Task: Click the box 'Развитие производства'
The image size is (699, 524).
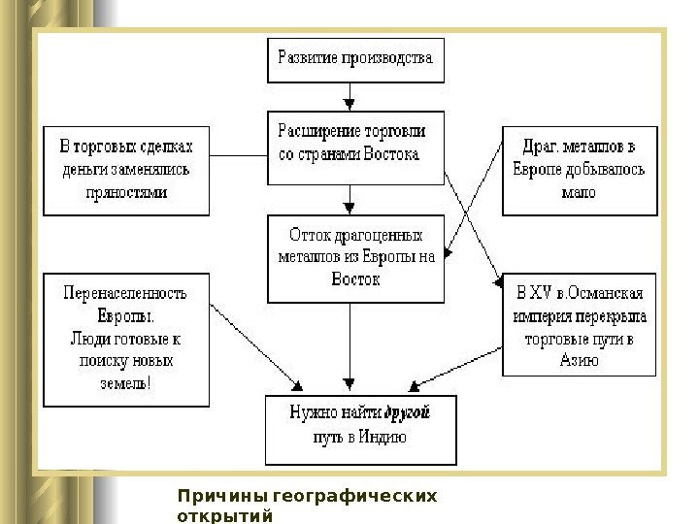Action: pyautogui.click(x=355, y=59)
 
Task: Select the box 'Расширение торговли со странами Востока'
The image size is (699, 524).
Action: pyautogui.click(x=355, y=147)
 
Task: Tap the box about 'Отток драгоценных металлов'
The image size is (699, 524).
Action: pyautogui.click(x=355, y=258)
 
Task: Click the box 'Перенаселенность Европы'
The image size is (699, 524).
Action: pyautogui.click(x=126, y=339)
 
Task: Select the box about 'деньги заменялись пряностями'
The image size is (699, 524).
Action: pyautogui.click(x=126, y=170)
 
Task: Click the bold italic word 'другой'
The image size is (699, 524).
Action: pyautogui.click(x=408, y=413)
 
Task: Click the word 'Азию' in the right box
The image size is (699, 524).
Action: pyautogui.click(x=579, y=360)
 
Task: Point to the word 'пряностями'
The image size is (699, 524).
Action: pyautogui.click(x=127, y=192)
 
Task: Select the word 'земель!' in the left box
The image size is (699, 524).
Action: pyautogui.click(x=125, y=382)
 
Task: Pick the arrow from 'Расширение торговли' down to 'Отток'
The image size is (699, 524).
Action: pyautogui.click(x=349, y=200)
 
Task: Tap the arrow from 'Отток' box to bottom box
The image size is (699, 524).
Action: pyautogui.click(x=349, y=344)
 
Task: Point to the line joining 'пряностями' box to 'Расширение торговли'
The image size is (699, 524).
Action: pyautogui.click(x=238, y=155)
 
